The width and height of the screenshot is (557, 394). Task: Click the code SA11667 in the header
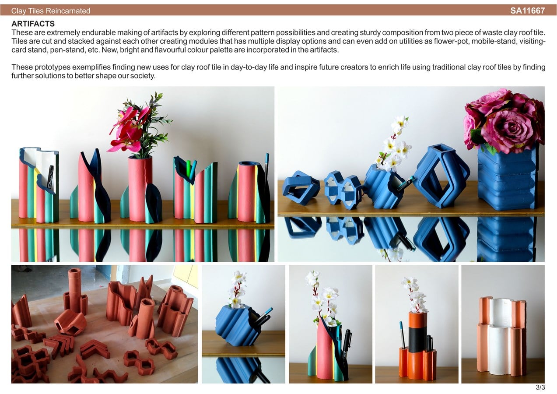coord(527,11)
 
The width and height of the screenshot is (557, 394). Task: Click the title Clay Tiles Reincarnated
coord(50,11)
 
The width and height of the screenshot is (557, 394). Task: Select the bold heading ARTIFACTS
coord(33,24)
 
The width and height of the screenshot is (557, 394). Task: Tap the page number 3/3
coord(540,387)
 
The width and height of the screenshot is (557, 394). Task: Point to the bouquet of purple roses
coord(504,121)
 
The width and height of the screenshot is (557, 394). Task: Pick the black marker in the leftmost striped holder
coord(50,179)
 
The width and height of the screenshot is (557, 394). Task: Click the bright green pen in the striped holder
coord(188,169)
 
